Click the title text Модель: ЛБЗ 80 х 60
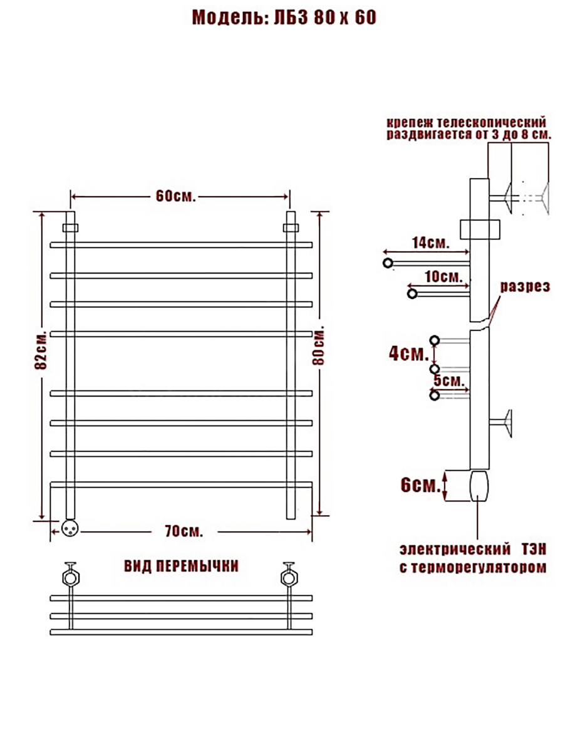pos(284,17)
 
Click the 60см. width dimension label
pos(175,196)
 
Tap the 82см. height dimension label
pos(41,350)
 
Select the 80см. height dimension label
pos(318,347)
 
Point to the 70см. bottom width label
pos(184,531)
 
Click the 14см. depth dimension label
pos(430,243)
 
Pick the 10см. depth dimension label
pos(443,277)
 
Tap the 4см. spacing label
pos(409,353)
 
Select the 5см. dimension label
pos(449,380)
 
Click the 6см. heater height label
pos(420,485)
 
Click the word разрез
pos(526,286)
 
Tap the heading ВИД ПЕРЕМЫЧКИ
pos(181,567)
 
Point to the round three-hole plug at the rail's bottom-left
pos(70,528)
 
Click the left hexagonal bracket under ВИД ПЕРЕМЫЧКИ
pos(71,578)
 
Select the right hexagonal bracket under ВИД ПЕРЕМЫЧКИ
pos(289,578)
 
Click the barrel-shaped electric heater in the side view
pos(479,486)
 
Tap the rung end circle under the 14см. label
pos(388,263)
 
